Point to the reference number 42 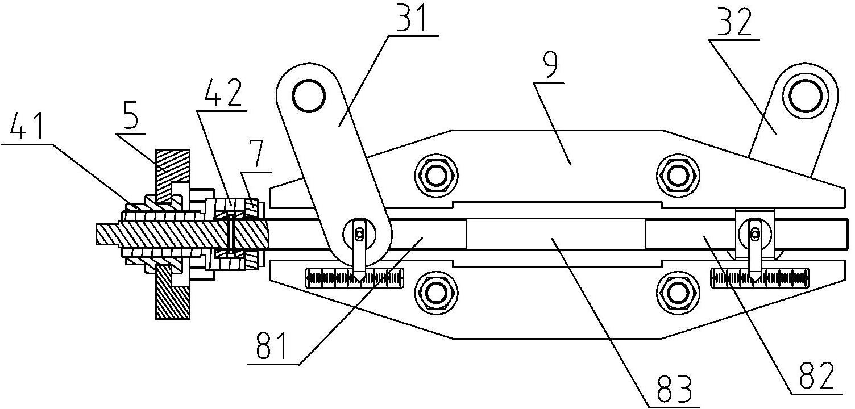[x=223, y=93]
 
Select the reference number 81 [x=272, y=345]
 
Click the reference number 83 [x=675, y=390]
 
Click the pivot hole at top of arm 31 [x=309, y=95]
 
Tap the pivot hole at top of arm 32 [x=806, y=96]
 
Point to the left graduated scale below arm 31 [x=354, y=277]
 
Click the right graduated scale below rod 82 [x=759, y=278]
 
